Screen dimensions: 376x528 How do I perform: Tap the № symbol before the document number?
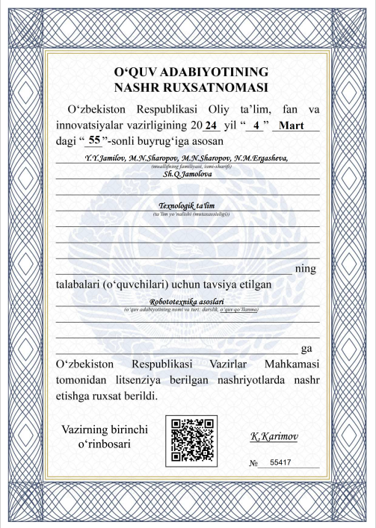253,465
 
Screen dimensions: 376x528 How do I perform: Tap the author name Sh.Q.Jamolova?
188,174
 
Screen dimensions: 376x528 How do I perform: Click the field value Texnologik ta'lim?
187,206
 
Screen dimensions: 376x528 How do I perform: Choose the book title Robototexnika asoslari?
187,302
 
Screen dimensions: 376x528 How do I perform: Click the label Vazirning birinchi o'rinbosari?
102,437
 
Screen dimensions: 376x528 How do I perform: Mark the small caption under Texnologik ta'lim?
187,214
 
